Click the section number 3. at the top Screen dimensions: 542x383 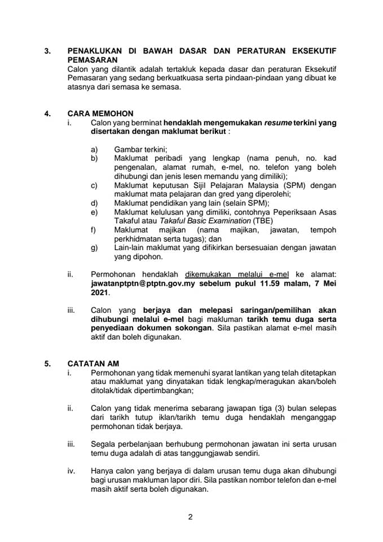point(47,50)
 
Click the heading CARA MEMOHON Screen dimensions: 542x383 point(100,113)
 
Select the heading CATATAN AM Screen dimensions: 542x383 point(93,364)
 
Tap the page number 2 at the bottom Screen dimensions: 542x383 point(191,517)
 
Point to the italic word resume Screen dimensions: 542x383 point(278,122)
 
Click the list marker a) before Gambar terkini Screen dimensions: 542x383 point(94,150)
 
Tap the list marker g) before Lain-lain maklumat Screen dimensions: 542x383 point(94,247)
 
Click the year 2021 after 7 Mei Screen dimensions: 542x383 point(100,294)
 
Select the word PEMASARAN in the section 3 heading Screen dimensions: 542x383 point(93,59)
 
